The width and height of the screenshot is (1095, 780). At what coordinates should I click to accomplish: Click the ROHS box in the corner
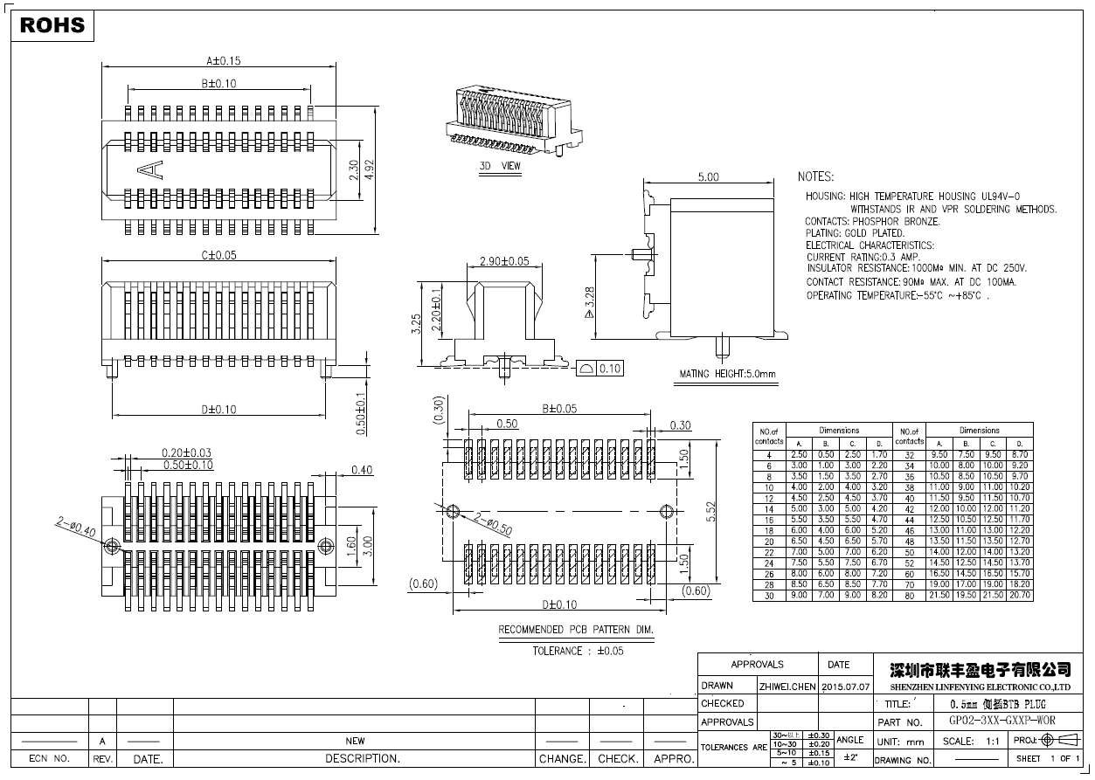tap(52, 25)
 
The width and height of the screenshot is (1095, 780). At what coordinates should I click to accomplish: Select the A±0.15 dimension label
tap(223, 61)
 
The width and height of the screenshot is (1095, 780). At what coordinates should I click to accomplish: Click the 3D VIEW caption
tap(500, 166)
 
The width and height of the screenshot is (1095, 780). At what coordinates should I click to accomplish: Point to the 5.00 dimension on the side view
tap(708, 177)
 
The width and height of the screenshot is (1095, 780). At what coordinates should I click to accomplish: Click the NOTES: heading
tap(815, 177)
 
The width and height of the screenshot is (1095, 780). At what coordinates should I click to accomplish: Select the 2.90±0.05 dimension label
tap(504, 261)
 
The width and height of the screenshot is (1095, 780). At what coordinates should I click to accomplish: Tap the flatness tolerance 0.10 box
tap(600, 369)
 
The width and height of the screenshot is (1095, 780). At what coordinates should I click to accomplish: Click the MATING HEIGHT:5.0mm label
tap(728, 374)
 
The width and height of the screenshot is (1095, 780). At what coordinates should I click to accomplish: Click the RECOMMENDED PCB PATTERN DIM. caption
tap(576, 629)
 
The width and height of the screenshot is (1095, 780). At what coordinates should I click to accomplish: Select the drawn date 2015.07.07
tap(846, 687)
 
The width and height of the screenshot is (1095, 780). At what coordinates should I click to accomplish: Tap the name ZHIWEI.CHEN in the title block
tap(787, 687)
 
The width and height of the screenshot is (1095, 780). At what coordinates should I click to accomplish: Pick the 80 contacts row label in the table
tap(909, 596)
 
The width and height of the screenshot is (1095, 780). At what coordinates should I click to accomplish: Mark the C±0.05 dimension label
tap(219, 256)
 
